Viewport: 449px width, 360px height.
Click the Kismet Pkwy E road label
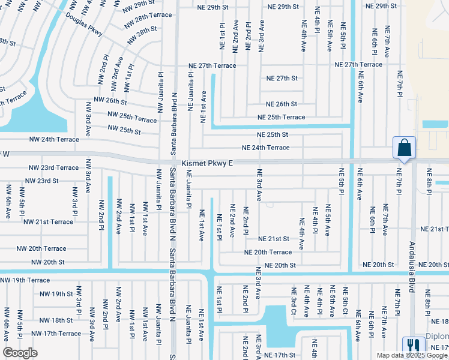coord(208,163)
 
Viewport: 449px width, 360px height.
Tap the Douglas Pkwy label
coord(84,23)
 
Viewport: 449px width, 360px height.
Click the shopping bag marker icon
coord(404,148)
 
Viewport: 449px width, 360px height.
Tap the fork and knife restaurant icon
coord(413,346)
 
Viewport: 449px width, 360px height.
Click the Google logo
coord(20,353)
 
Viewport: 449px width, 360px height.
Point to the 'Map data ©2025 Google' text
coord(412,355)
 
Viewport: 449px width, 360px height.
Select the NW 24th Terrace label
coord(54,139)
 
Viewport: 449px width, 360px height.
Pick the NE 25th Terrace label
coord(282,117)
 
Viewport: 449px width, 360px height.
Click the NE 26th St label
coord(282,104)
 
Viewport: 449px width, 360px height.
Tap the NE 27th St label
coord(282,79)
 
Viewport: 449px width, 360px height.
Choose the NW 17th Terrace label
coord(56,334)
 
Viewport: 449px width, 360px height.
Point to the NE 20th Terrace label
coord(268,253)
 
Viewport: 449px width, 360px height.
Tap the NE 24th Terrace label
coord(265,148)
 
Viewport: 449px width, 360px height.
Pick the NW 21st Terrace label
coord(48,222)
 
